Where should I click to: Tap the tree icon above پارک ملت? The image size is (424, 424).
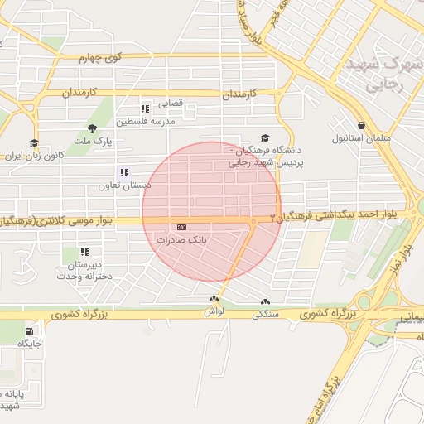coord(91,128)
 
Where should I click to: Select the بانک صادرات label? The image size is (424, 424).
coord(181,239)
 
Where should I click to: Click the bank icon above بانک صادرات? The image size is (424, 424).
coord(181,227)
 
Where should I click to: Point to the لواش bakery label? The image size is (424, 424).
coord(214,311)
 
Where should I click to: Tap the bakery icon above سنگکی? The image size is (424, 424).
coord(265,302)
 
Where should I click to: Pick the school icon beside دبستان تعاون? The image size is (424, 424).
coord(124,172)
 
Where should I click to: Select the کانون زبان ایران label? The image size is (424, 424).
coord(35,156)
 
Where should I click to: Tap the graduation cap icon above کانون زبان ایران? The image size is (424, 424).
coord(34,142)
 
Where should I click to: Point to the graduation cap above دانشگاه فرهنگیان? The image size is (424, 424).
coord(265,137)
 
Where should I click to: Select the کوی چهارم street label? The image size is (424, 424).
coord(100,58)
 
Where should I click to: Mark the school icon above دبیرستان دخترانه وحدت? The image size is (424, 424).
coord(84,251)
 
